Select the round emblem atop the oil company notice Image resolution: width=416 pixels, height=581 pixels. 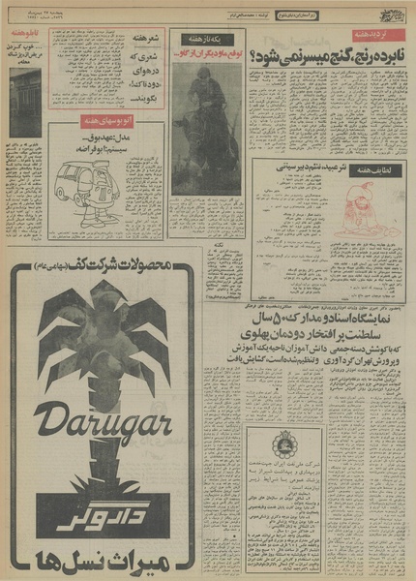[286, 446]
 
